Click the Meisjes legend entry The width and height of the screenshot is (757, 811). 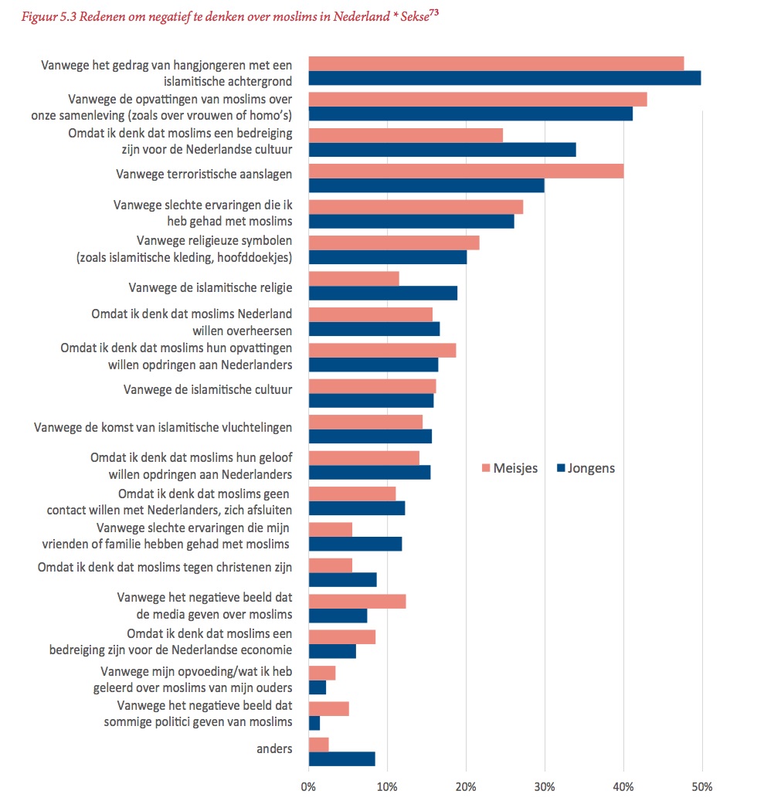(510, 468)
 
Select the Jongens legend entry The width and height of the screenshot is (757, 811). (586, 468)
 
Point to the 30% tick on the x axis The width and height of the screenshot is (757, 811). (545, 787)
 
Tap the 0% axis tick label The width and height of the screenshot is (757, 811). (308, 787)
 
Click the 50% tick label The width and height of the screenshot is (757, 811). (702, 787)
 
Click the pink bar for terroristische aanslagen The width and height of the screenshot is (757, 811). (467, 171)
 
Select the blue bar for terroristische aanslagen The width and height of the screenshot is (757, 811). (426, 185)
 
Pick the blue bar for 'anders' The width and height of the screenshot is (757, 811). (342, 758)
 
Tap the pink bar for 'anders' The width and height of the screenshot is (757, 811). (319, 745)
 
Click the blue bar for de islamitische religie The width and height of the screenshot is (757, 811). (383, 294)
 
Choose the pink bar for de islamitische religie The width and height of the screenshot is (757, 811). (354, 279)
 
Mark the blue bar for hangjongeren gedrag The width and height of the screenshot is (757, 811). (505, 78)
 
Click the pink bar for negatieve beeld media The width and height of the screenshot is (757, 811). (357, 602)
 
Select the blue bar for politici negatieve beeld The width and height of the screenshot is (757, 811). (314, 723)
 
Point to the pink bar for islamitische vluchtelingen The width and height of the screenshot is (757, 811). (365, 422)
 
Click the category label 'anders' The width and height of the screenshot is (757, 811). (274, 748)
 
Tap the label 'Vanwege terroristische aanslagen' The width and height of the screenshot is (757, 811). (204, 175)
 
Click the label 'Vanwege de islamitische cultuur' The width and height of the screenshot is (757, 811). (208, 389)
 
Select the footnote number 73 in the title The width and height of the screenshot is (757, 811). (433, 12)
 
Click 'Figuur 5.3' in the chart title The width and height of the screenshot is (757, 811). (49, 17)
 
